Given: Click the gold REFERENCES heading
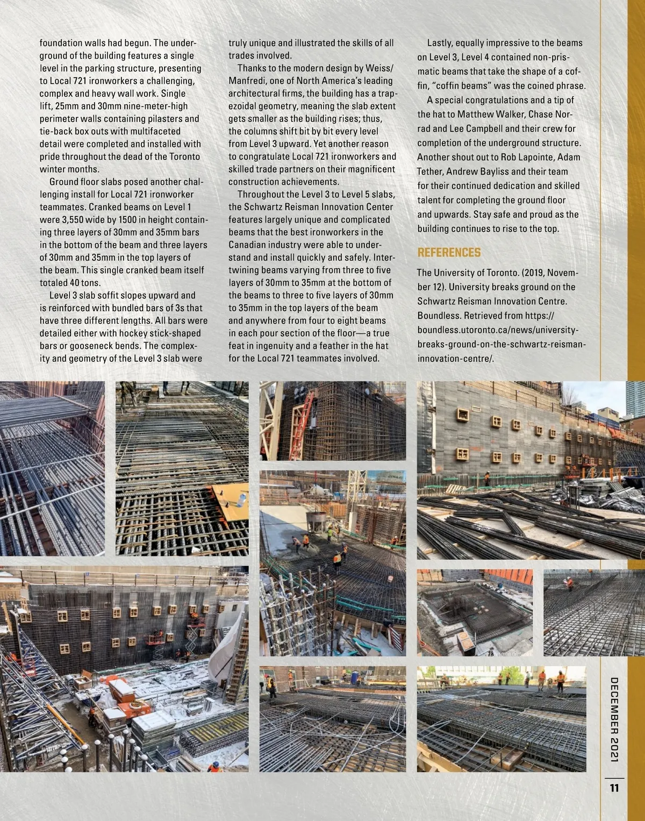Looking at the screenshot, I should click(449, 253).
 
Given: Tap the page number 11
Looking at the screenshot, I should click(614, 788).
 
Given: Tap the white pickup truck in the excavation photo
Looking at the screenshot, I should click(463, 580).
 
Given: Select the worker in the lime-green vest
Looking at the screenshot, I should click(329, 533).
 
